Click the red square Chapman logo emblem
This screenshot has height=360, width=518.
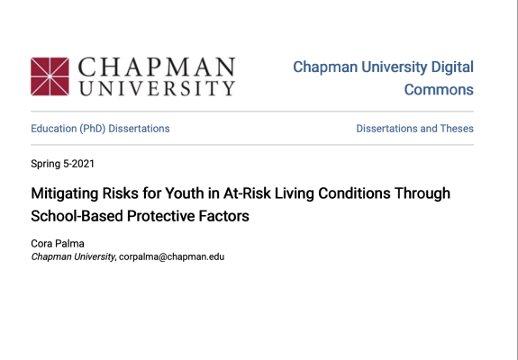[x=50, y=76]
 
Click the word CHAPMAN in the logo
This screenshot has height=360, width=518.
[x=157, y=67]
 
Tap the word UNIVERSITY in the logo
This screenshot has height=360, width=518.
[x=157, y=88]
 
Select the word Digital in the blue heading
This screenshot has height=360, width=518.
[x=452, y=67]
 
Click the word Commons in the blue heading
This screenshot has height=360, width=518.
[x=439, y=90]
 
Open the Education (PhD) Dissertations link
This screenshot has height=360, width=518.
[x=100, y=129]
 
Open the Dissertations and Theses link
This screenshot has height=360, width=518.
[x=414, y=129]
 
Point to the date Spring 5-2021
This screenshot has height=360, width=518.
[x=62, y=164]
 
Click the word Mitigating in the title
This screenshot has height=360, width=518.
[x=65, y=193]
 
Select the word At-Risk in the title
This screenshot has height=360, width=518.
[x=247, y=193]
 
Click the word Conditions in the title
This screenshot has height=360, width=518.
[x=354, y=193]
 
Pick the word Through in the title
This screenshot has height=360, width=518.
[x=423, y=193]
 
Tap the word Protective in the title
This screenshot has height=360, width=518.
[x=161, y=216]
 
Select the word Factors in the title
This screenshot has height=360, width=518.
[x=223, y=216]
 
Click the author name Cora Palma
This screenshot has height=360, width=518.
[x=58, y=244]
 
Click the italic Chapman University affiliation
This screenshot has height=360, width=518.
[x=73, y=257]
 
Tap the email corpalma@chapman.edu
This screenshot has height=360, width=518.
[x=171, y=257]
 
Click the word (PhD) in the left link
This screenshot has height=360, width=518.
[x=92, y=129]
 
